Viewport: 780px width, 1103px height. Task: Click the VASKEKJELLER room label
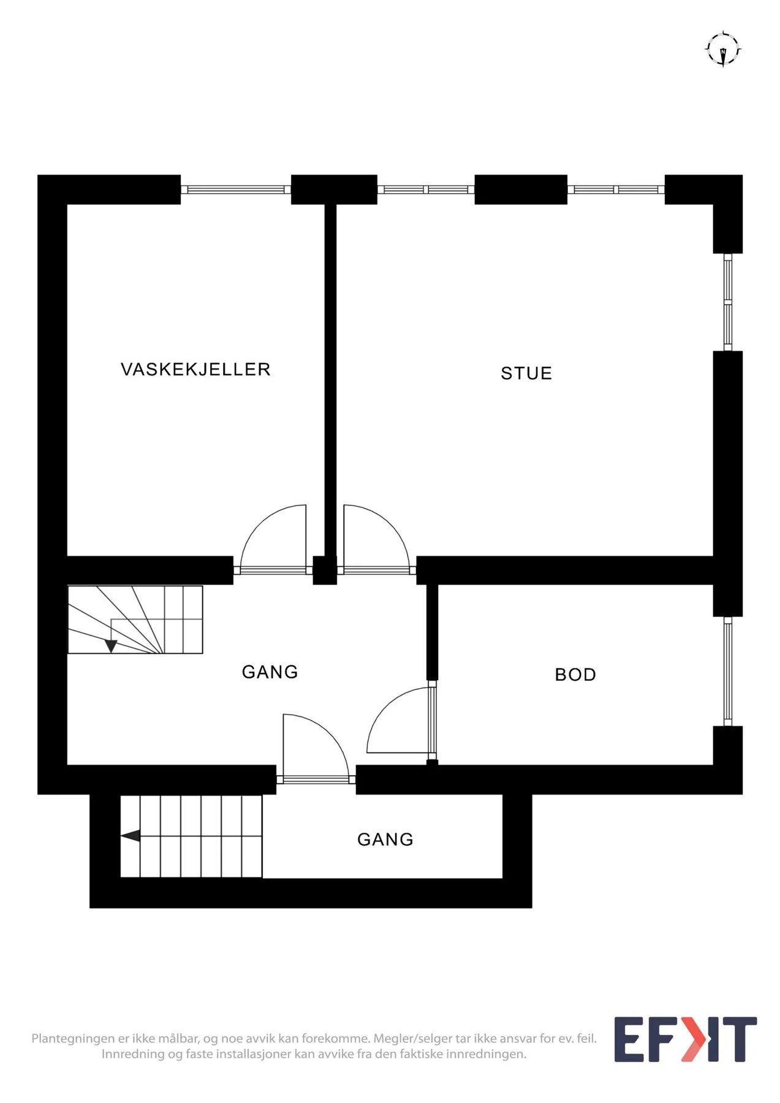click(195, 370)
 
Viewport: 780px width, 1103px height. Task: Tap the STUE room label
click(526, 373)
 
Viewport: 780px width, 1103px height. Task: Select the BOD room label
click(575, 675)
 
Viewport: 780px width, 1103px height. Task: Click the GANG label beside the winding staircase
click(270, 672)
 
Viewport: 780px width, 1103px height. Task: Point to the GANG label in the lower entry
click(385, 840)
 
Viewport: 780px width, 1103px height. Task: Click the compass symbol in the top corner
click(723, 48)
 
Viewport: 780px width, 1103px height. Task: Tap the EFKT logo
click(686, 1040)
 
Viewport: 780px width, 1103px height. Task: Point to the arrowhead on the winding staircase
click(111, 646)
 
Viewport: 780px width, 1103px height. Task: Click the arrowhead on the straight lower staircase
click(131, 836)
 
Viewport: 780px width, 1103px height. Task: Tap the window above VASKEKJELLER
click(236, 189)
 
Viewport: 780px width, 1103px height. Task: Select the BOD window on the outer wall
click(728, 671)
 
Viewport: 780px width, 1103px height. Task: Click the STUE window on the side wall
click(728, 302)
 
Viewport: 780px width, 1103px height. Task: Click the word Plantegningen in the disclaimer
click(73, 1039)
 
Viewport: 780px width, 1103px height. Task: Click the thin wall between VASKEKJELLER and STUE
click(331, 380)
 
